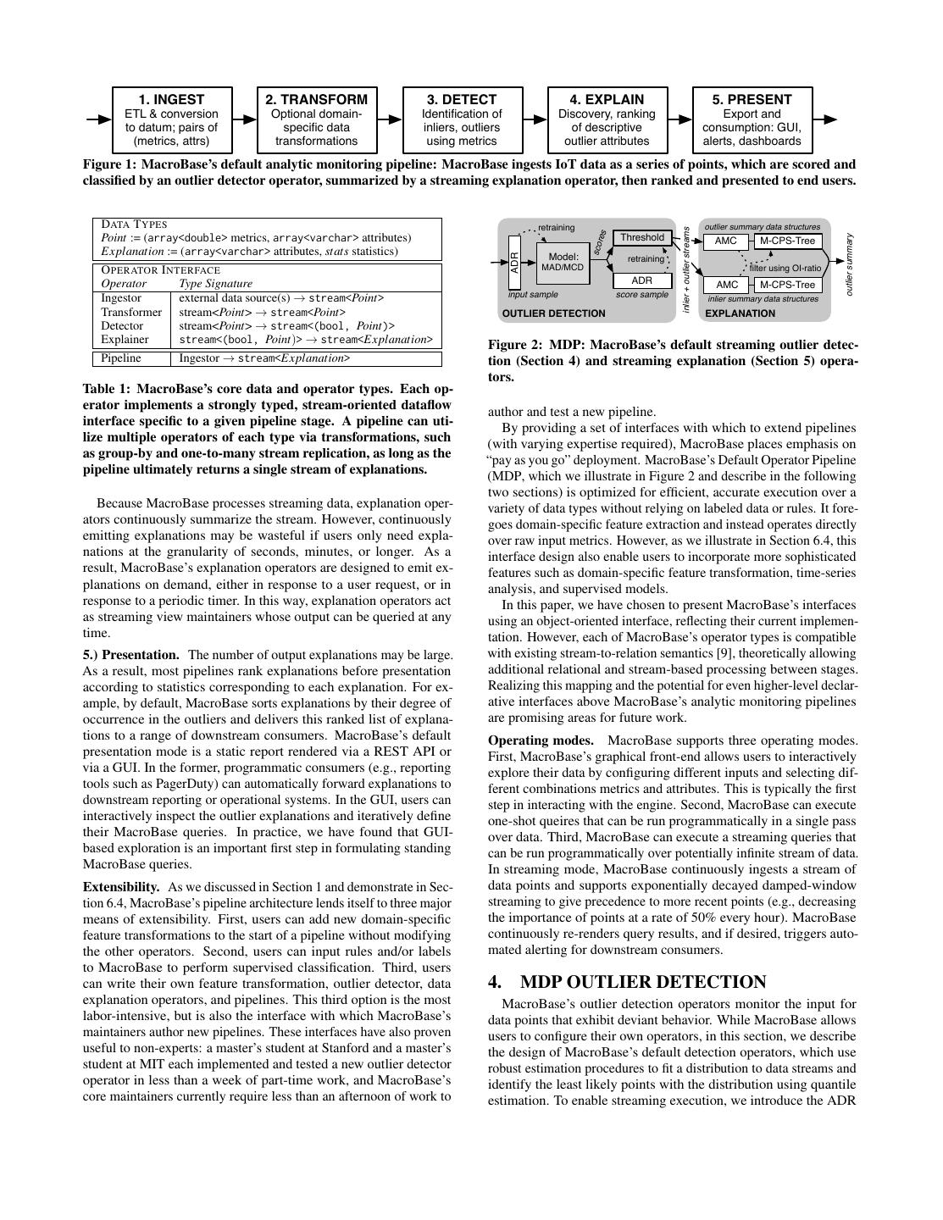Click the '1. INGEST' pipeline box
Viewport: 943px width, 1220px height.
coord(171,119)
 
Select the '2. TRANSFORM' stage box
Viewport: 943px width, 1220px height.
coord(316,119)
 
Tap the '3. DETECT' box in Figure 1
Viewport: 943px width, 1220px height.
coord(462,119)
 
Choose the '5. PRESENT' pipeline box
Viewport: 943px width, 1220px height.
coord(752,119)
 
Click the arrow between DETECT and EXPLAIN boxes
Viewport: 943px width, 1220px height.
coord(535,119)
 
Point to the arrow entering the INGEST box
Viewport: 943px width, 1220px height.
coord(99,119)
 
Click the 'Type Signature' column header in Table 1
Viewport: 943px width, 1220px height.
coord(215,284)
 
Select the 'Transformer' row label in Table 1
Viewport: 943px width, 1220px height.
coord(130,312)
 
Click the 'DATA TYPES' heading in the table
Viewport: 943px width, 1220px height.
coord(134,225)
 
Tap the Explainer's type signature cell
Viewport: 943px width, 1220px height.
coord(306,339)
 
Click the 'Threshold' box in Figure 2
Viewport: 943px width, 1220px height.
coord(642,238)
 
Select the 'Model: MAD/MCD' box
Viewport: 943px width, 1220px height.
coord(563,262)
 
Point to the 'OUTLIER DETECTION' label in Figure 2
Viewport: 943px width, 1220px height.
coord(554,313)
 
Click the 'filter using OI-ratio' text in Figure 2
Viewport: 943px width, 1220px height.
coord(785,268)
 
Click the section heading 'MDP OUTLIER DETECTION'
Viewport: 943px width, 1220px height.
coord(643,982)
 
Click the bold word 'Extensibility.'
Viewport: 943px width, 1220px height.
coord(121,887)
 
